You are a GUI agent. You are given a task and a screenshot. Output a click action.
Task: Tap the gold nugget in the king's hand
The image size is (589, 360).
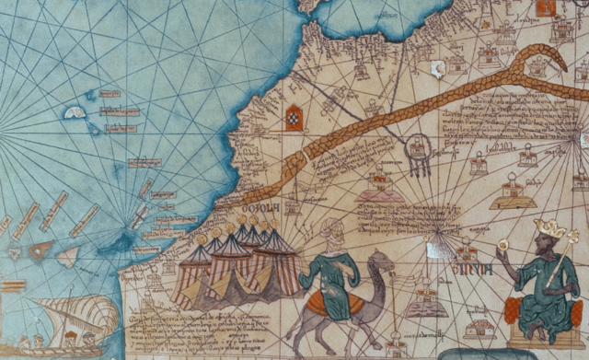pos(502,246)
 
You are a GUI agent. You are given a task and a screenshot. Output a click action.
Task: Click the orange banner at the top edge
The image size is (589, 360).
pos(545,7)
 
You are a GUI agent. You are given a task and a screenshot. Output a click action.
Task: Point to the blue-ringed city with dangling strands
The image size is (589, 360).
pos(419,150)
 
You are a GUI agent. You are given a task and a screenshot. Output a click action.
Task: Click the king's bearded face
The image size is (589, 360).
pos(539,248)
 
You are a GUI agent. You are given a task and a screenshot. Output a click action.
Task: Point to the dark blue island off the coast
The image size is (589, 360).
pos(120,243)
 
